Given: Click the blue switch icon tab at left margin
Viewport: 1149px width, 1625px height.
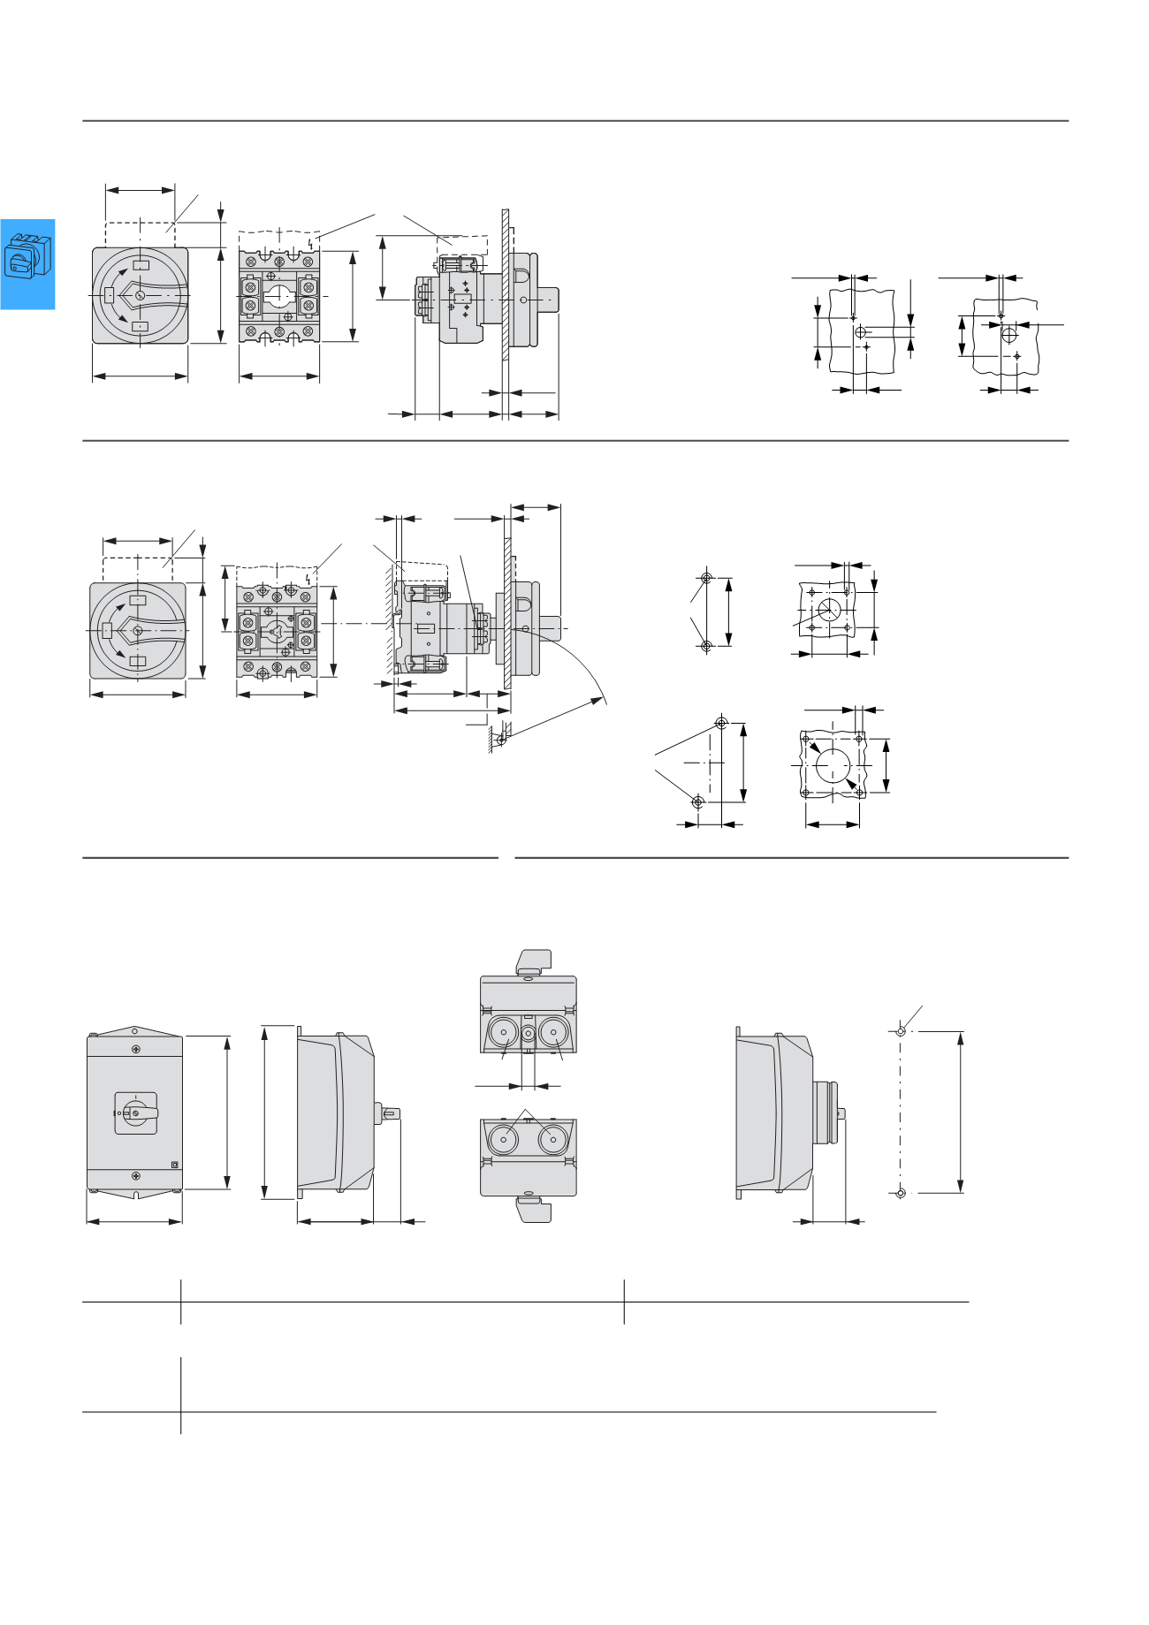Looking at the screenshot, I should (x=27, y=263).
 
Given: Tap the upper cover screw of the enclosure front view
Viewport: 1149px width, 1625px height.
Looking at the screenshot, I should (x=135, y=1049).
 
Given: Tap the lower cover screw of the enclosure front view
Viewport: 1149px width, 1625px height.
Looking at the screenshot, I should (x=135, y=1176).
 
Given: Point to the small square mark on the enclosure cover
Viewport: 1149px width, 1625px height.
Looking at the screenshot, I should (x=174, y=1164).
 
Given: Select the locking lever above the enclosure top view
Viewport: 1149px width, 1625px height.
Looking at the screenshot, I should (x=533, y=961).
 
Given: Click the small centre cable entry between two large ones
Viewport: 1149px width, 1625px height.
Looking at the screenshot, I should (x=529, y=1033).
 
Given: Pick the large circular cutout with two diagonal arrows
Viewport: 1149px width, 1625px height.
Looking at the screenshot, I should (x=833, y=764).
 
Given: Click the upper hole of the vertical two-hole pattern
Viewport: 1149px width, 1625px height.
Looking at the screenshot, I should (x=705, y=579).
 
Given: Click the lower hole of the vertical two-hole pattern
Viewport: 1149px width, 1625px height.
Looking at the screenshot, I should (x=705, y=646).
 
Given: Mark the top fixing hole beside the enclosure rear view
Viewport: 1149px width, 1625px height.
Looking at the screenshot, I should (x=901, y=1030).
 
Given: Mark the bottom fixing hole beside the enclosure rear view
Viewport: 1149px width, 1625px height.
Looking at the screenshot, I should (x=901, y=1193).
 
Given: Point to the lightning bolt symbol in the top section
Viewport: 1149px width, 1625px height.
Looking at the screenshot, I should (x=309, y=241).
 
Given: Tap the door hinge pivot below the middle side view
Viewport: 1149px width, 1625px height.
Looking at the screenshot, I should (x=500, y=739).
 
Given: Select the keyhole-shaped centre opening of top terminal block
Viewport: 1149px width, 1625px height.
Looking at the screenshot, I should (x=282, y=295).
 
